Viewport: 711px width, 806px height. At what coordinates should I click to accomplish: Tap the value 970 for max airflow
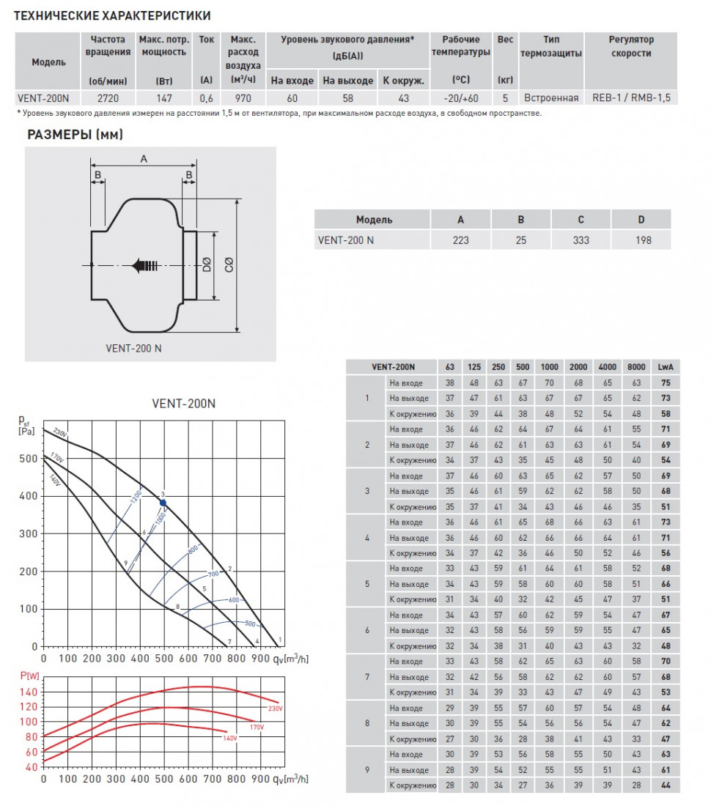[x=242, y=98]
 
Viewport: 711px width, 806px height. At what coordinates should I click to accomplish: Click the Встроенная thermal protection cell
[x=551, y=98]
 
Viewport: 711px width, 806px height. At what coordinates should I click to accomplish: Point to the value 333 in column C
[x=581, y=240]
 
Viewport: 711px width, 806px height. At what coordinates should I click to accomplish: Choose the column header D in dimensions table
[x=641, y=219]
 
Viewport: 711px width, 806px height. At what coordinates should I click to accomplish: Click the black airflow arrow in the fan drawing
[x=144, y=266]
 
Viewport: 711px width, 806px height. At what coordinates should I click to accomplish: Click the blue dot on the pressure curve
[x=163, y=503]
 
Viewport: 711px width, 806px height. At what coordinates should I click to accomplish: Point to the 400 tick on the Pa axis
[x=27, y=496]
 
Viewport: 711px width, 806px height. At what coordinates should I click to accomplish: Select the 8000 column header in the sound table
[x=636, y=366]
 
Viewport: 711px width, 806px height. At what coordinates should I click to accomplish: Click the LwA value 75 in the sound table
[x=666, y=382]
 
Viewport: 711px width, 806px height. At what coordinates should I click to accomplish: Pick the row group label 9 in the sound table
[x=367, y=770]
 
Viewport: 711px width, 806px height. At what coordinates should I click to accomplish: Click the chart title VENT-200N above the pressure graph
[x=183, y=403]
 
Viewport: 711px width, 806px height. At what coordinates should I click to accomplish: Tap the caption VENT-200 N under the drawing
[x=129, y=348]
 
